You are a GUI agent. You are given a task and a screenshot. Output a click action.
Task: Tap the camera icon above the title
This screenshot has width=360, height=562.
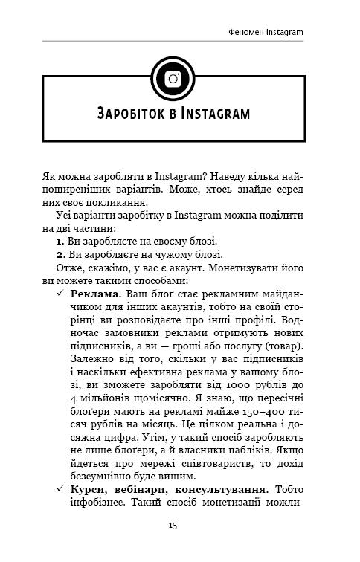(173, 78)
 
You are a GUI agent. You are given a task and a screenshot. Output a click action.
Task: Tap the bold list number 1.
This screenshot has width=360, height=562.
(60, 242)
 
